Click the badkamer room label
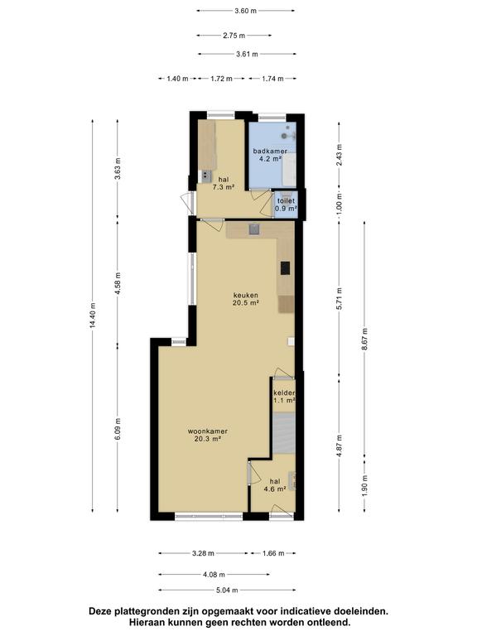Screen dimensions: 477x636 click(270, 152)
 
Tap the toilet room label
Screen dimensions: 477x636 click(286, 201)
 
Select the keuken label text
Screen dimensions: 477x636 click(245, 296)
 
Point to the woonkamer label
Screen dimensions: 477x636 click(207, 431)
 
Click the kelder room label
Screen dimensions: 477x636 click(284, 393)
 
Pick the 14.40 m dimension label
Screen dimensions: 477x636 click(93, 316)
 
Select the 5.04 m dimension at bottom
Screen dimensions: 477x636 click(227, 590)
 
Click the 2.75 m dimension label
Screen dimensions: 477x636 click(234, 36)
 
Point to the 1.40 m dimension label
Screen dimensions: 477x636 click(178, 79)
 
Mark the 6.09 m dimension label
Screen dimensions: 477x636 click(118, 429)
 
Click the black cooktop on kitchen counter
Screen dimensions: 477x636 click(286, 268)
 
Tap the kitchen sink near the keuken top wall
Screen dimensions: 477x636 click(254, 229)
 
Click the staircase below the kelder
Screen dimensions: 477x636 click(284, 433)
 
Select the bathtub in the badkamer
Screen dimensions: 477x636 click(289, 170)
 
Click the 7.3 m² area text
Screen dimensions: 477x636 click(224, 187)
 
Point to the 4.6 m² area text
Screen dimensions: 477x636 click(275, 489)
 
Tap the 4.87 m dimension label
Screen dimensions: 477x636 click(339, 446)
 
